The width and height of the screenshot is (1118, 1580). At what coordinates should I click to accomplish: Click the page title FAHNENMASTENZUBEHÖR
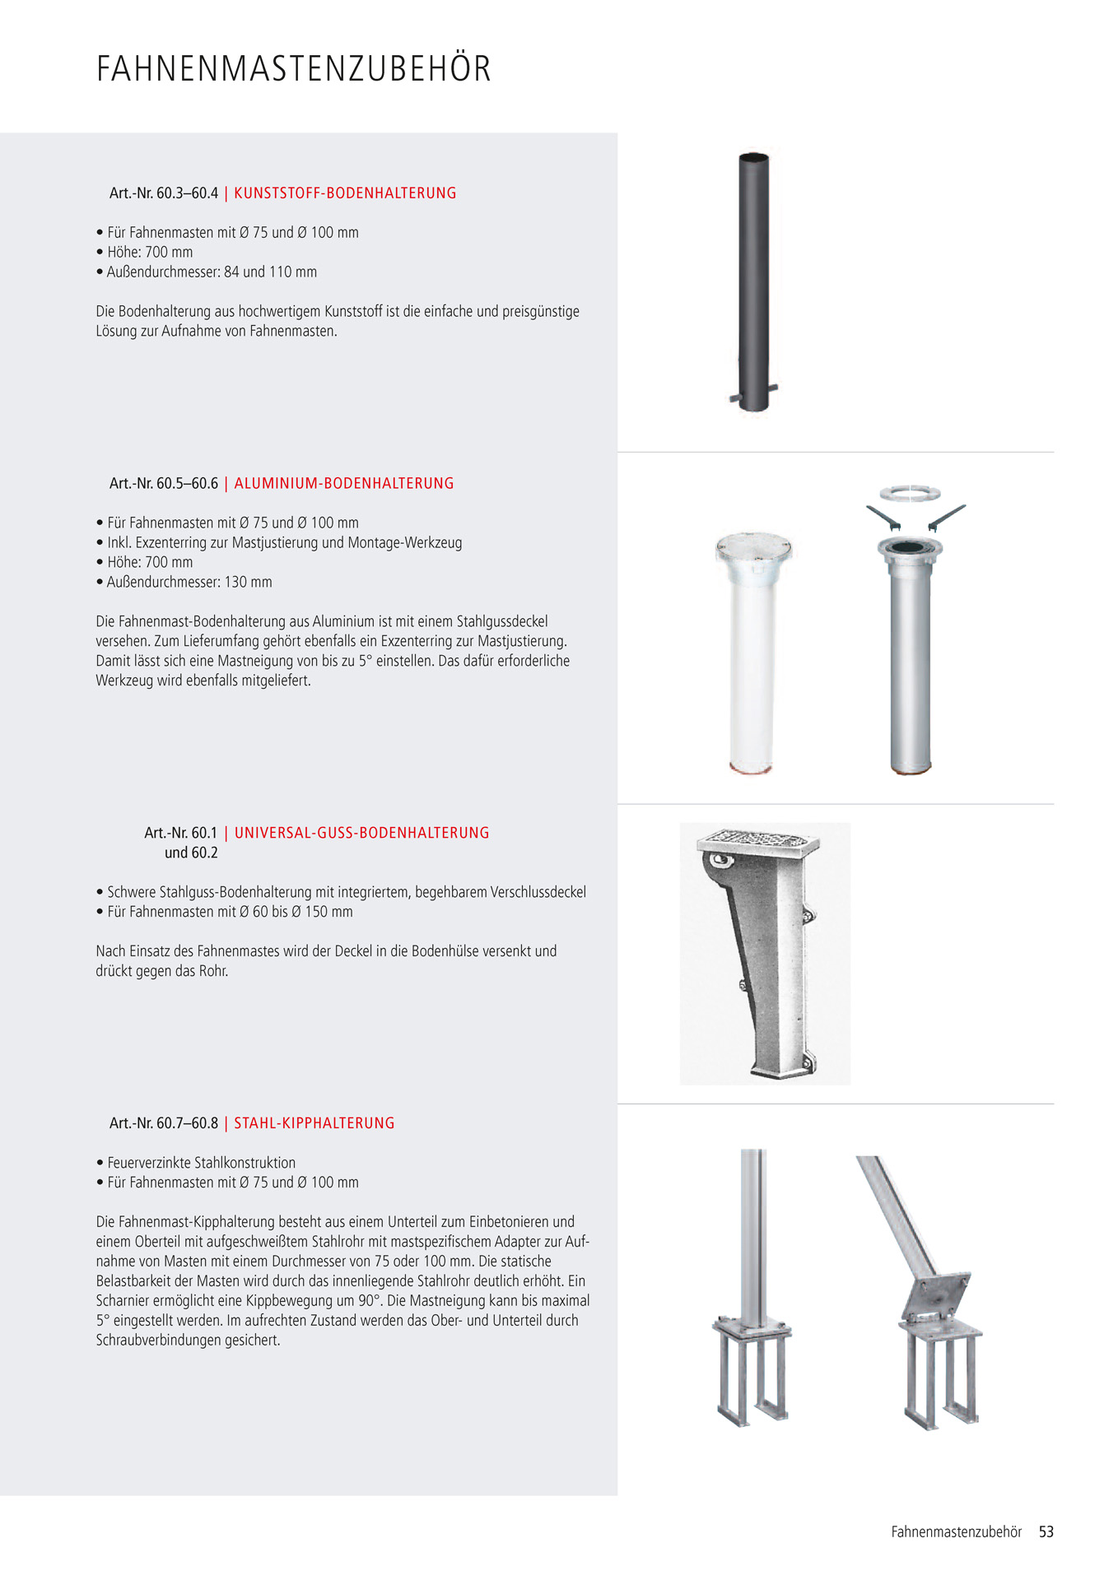pos(293,69)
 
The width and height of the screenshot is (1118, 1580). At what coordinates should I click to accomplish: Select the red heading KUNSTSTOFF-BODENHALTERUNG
pos(345,193)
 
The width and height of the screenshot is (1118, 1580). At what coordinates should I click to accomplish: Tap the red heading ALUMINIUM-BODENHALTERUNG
pos(344,484)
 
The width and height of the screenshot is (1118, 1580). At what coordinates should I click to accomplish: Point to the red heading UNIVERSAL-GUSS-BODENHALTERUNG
pos(361,833)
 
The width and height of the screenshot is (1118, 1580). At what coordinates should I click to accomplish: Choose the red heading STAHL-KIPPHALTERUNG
pos(314,1123)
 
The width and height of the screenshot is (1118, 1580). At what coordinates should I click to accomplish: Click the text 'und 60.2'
pos(191,853)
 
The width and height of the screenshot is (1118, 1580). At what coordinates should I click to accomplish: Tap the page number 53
pos(1046,1532)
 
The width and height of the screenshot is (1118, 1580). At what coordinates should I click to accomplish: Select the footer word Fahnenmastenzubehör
pos(956,1532)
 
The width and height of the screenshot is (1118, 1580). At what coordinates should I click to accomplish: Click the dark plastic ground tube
pos(753,280)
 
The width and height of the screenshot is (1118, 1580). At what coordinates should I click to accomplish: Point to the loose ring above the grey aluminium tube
pos(910,493)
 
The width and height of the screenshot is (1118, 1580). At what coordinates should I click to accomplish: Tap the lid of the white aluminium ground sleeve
pos(753,546)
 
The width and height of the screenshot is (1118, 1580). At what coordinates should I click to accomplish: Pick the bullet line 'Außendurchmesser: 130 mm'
pos(189,583)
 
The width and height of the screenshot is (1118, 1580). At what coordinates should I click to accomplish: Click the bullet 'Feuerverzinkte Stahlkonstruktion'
pos(201,1163)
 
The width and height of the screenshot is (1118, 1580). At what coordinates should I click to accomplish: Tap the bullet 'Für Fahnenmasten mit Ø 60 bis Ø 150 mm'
pos(230,912)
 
